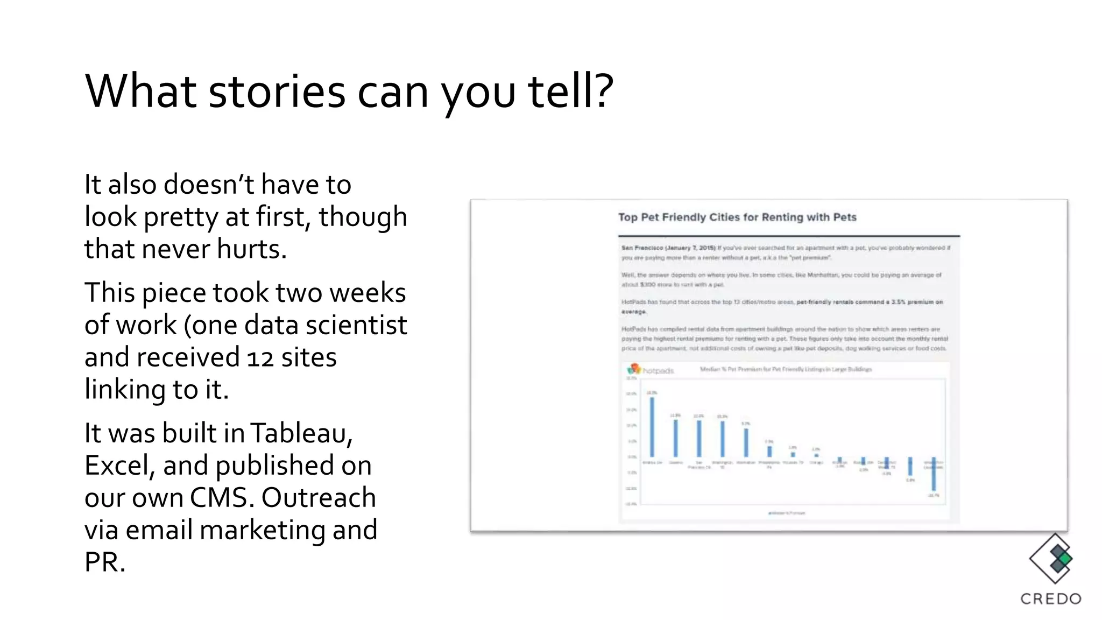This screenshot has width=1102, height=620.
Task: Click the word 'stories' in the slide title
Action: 277,91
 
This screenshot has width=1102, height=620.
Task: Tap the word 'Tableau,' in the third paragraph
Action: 301,433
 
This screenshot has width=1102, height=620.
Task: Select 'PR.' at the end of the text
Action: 105,562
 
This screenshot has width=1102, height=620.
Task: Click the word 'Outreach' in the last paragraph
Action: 319,498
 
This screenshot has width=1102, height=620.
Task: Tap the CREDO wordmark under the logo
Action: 1051,599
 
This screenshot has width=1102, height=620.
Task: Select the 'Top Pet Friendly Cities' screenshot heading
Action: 737,217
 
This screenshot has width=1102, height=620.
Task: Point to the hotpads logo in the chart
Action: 651,370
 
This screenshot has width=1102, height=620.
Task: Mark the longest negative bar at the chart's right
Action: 934,474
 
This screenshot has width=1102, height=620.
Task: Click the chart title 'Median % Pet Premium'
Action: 786,369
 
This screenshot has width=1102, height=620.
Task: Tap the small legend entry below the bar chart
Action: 787,513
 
